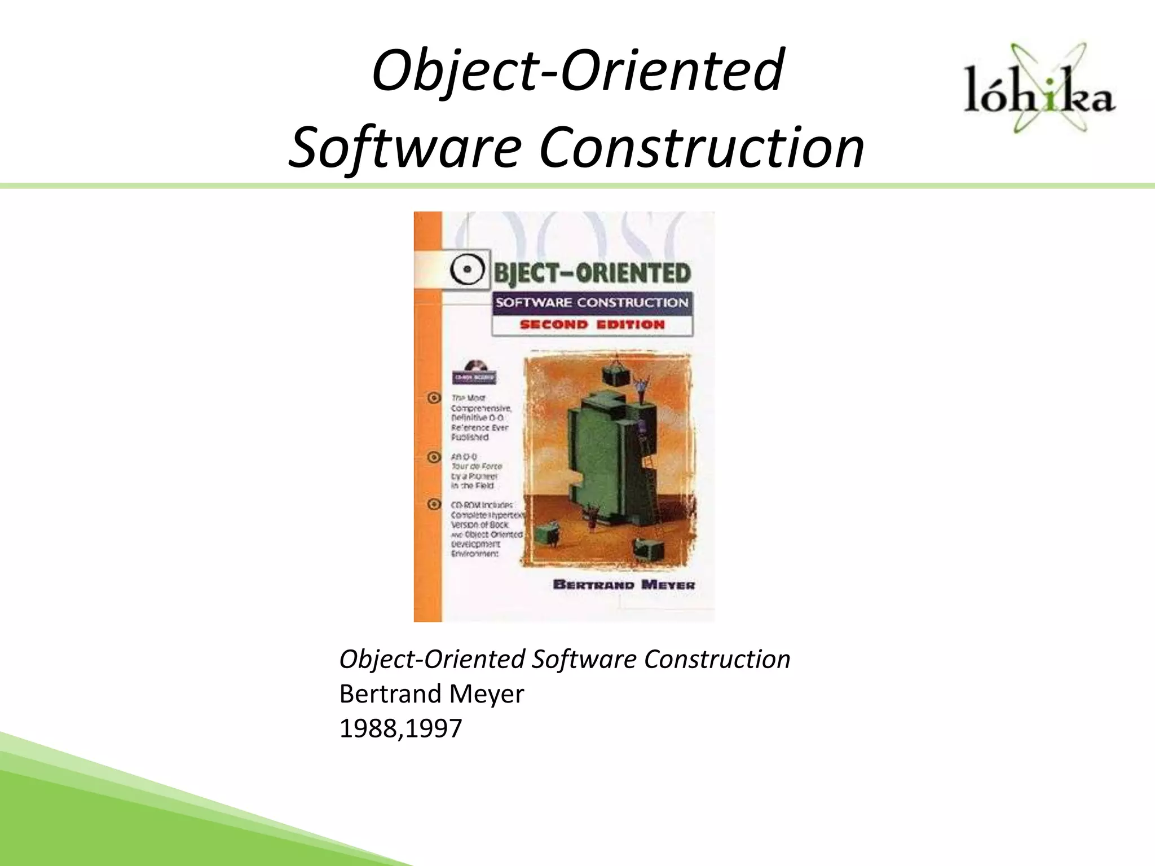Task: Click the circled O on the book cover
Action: point(467,271)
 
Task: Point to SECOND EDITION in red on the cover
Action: point(592,325)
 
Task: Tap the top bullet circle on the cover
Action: point(434,398)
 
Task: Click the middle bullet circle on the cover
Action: point(434,457)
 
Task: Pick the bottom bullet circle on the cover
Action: point(434,504)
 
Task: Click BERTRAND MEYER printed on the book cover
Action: point(624,585)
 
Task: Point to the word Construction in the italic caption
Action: point(717,659)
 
